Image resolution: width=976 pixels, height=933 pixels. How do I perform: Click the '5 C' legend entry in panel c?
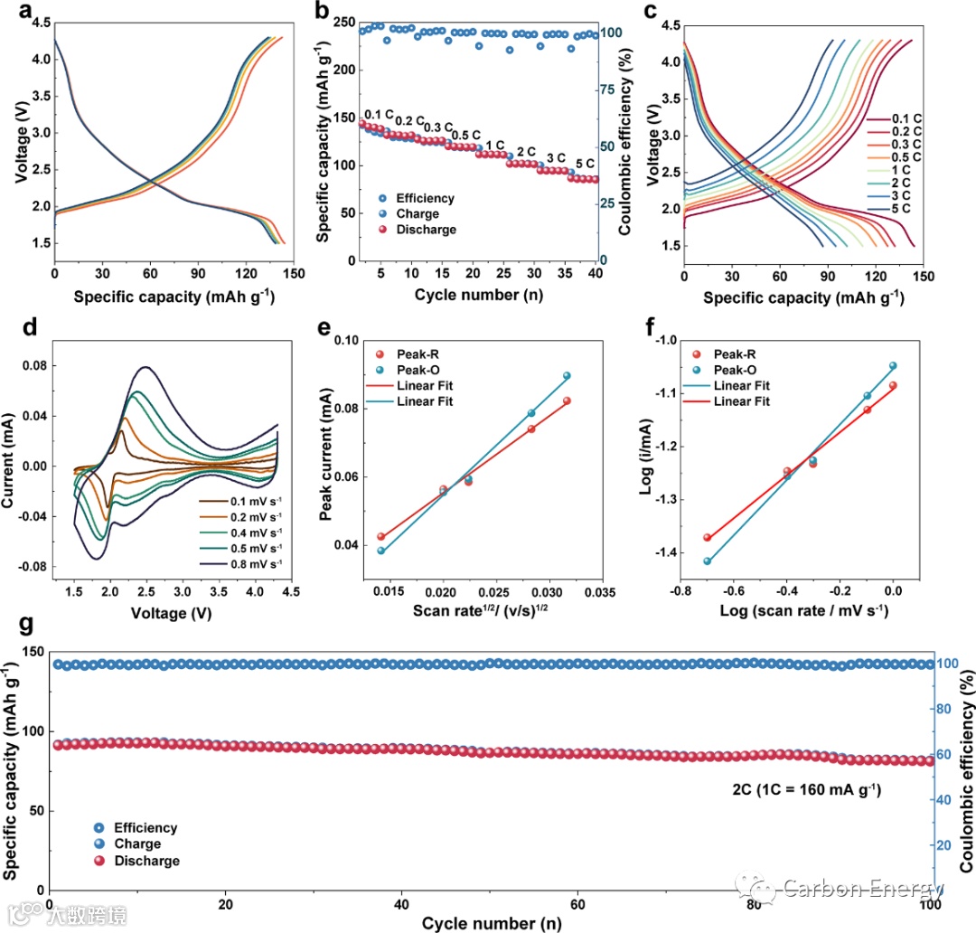point(907,209)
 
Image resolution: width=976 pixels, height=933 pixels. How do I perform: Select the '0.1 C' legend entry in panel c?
point(907,118)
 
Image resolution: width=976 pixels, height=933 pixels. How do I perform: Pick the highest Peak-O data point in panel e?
point(568,375)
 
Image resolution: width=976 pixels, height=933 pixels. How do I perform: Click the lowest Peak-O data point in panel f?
point(708,561)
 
